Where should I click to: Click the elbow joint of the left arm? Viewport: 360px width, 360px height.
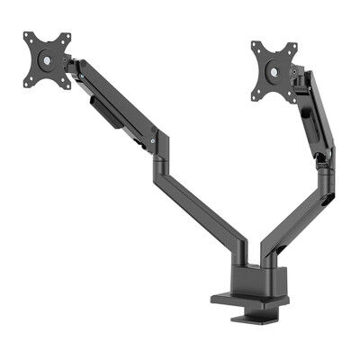click(x=159, y=142)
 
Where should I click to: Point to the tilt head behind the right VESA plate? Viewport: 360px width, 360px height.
click(x=297, y=76)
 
